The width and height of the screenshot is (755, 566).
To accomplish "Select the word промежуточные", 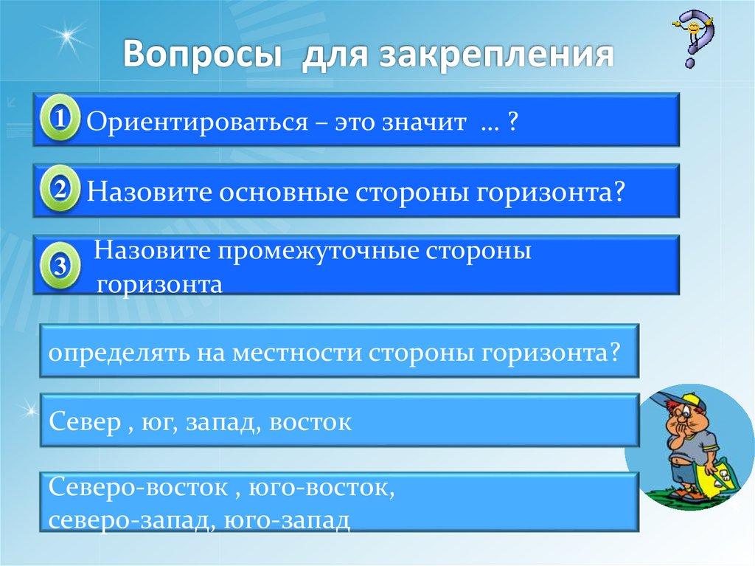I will [x=318, y=251].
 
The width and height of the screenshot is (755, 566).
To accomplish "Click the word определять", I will [x=118, y=351].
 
